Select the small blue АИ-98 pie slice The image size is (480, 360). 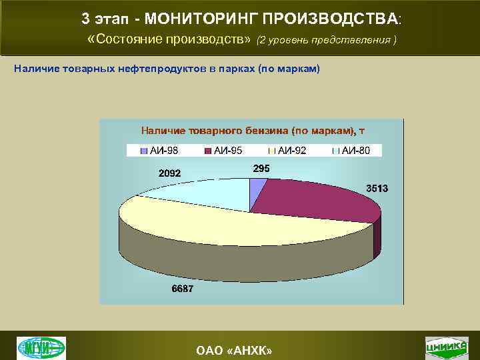pyautogui.click(x=257, y=189)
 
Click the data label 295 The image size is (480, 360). pyautogui.click(x=261, y=169)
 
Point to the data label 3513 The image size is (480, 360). pyautogui.click(x=377, y=189)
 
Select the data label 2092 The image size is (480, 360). pyautogui.click(x=169, y=174)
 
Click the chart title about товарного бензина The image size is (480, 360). pyautogui.click(x=251, y=130)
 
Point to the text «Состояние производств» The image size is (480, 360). pyautogui.click(x=169, y=39)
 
